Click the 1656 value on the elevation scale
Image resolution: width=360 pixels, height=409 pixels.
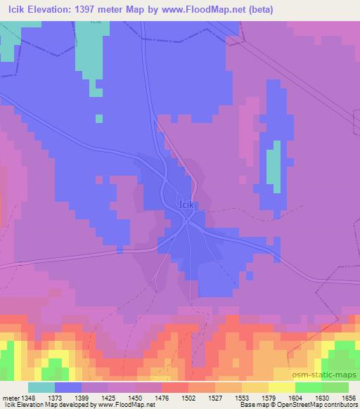[x=349, y=398]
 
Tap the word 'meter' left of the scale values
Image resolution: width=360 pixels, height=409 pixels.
[x=10, y=398]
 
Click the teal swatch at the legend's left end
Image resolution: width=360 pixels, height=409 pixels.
[x=41, y=387]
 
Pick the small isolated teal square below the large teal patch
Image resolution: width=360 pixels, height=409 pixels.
[x=99, y=118]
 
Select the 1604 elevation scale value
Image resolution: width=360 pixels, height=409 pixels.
[x=295, y=398]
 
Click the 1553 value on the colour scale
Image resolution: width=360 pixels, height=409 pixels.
[x=240, y=398]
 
